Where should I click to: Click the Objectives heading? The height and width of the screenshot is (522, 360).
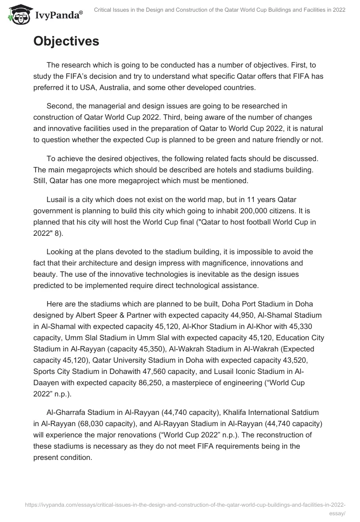coord(66,41)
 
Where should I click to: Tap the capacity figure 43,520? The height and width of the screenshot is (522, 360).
coord(290,360)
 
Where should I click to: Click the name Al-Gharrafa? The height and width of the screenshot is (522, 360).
coord(67,413)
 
